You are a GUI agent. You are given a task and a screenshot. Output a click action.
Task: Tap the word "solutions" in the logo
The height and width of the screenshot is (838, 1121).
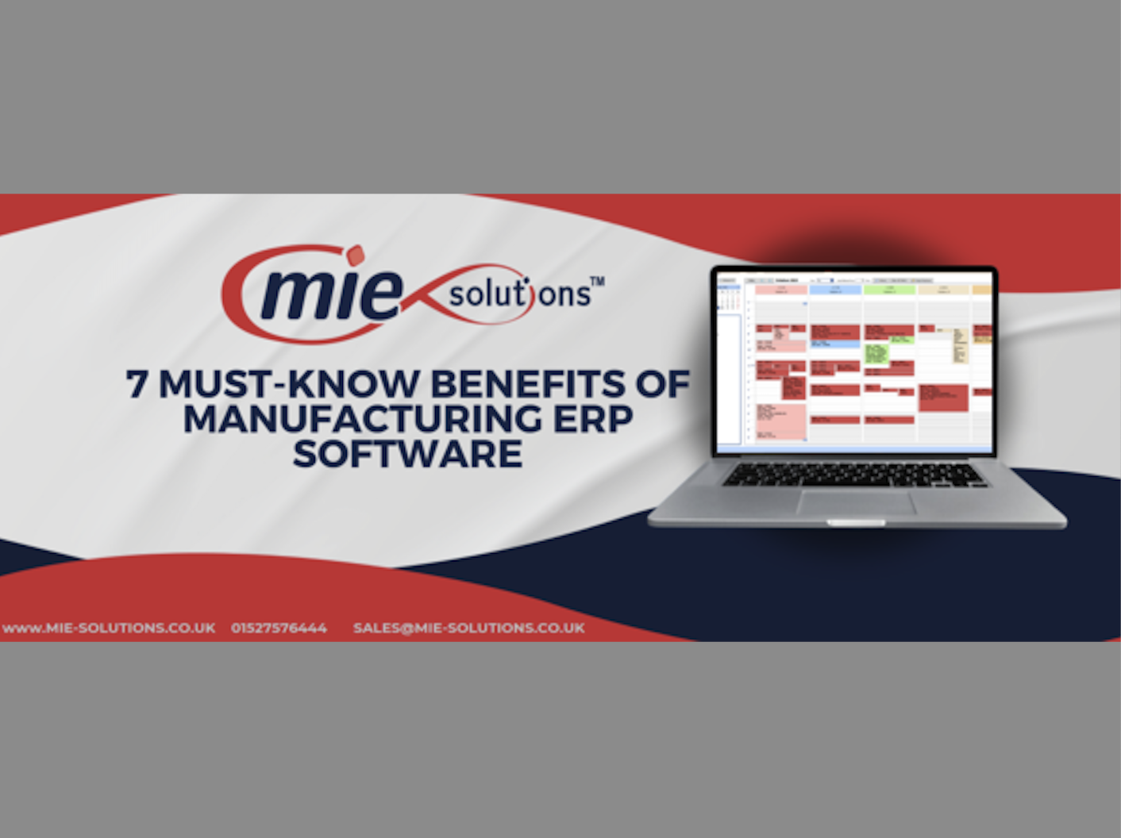520,294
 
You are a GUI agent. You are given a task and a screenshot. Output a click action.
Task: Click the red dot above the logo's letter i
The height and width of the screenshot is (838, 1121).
355,254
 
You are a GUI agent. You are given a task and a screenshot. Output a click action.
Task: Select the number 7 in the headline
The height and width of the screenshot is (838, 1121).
137,384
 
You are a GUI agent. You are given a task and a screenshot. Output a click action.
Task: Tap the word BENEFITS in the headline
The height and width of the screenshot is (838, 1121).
528,384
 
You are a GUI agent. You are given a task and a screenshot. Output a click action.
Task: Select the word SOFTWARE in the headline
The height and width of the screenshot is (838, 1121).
407,454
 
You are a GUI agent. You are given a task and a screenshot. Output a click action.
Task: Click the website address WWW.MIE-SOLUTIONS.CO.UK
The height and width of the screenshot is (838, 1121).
109,628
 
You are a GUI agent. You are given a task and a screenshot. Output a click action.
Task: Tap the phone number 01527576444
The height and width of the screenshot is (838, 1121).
279,628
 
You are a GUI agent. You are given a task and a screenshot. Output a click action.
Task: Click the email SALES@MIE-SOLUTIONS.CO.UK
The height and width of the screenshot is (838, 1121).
468,628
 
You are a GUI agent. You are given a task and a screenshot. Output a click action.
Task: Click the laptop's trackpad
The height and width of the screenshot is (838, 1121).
856,502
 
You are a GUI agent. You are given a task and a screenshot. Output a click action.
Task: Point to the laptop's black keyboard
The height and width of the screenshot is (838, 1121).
854,475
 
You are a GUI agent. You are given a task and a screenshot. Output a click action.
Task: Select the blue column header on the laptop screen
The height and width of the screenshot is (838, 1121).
835,290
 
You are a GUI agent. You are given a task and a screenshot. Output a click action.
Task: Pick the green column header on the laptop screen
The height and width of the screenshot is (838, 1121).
890,290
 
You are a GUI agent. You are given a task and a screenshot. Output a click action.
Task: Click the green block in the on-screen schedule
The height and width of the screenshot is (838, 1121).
876,354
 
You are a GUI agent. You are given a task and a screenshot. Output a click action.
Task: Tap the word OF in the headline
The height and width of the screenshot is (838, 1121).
663,384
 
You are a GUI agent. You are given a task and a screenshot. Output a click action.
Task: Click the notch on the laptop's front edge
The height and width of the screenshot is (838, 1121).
855,523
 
